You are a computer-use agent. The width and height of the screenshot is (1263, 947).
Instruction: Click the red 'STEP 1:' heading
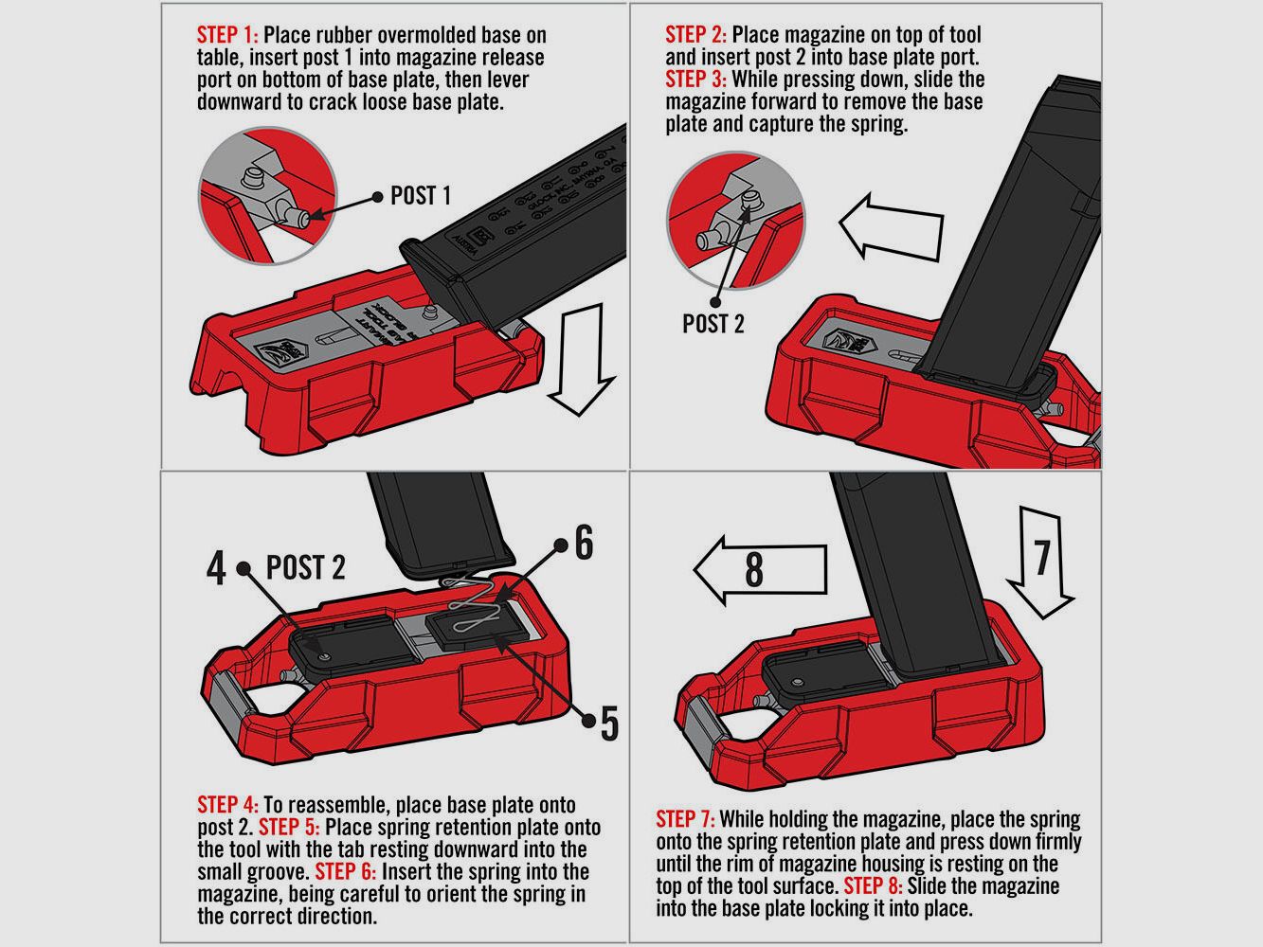pos(227,36)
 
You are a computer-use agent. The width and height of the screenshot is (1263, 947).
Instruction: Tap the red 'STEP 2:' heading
pos(696,35)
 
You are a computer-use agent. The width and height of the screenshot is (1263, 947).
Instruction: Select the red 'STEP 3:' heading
pos(696,79)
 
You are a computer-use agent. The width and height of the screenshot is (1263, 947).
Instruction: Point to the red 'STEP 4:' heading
pos(227,805)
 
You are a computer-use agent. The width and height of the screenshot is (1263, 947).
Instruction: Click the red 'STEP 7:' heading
pos(686,819)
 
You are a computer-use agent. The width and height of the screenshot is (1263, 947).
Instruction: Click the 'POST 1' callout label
pos(421,196)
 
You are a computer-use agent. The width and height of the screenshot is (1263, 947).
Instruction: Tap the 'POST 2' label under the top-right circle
pos(713,324)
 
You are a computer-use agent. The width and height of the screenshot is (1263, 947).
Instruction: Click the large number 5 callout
pos(609,724)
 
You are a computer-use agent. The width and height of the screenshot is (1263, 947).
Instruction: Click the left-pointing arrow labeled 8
pos(759,571)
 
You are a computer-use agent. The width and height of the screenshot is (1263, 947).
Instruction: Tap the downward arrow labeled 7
pos(1040,560)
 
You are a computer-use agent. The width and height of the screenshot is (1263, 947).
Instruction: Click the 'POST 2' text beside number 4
pos(305,567)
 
